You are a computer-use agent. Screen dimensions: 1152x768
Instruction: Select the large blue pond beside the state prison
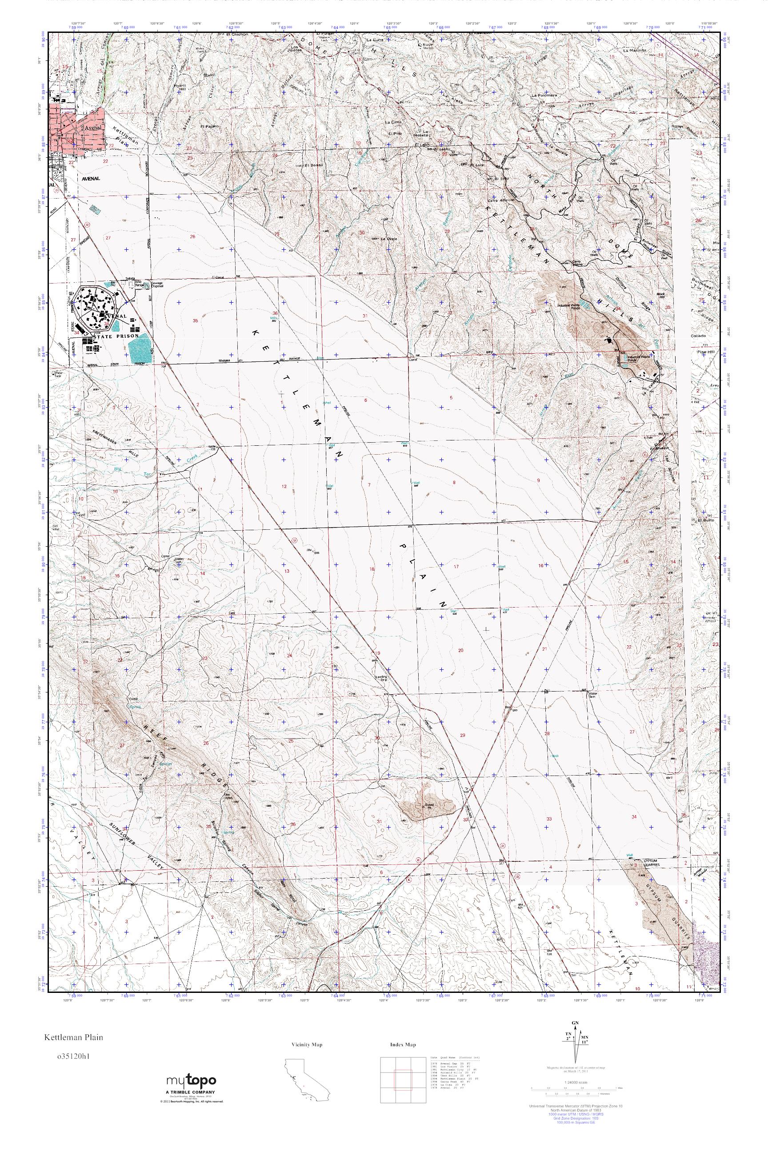(140, 350)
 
